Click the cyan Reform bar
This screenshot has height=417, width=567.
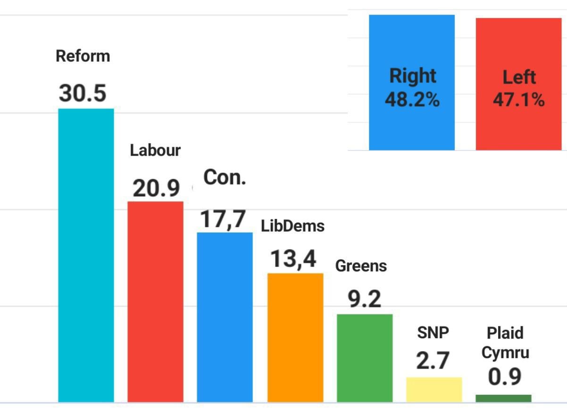(x=86, y=255)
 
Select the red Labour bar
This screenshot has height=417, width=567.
(x=155, y=302)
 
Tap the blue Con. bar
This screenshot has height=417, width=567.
(x=225, y=317)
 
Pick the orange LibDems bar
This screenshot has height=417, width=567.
(x=295, y=338)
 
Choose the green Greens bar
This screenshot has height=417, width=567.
(x=365, y=358)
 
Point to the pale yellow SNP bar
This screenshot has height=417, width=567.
(x=434, y=390)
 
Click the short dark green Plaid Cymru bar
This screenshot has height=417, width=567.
(x=503, y=398)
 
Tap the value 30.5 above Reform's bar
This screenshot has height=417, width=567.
(x=83, y=93)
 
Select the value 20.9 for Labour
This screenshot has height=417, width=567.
(x=156, y=188)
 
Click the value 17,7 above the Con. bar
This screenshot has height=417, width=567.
(x=223, y=219)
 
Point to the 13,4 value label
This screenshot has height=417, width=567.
(x=293, y=259)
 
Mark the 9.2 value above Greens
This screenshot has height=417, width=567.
(x=365, y=299)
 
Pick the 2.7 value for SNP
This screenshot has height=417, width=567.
(x=433, y=360)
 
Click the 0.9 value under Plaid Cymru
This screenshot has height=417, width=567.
(x=505, y=376)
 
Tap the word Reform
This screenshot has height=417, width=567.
(x=83, y=56)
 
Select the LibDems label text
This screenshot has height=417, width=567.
(x=292, y=226)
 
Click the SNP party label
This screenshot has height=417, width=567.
(x=433, y=333)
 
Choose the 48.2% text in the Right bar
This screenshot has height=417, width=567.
(x=412, y=100)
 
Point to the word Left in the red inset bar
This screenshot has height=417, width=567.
(x=519, y=77)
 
